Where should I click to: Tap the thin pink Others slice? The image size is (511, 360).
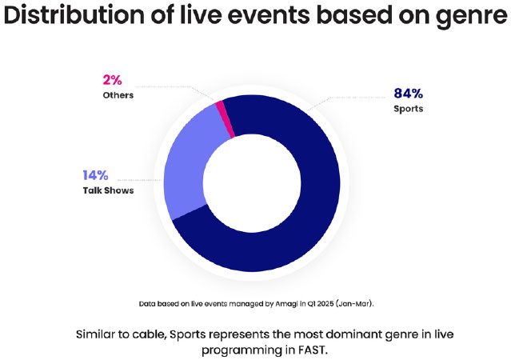(x=226, y=118)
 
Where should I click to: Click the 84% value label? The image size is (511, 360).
(x=409, y=94)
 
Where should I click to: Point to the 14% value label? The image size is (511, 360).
(x=95, y=175)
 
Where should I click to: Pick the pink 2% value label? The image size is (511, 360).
(x=112, y=80)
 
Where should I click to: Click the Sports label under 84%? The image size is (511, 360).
(x=409, y=109)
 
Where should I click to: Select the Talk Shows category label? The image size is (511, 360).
(x=108, y=190)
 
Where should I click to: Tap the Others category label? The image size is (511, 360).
(x=118, y=95)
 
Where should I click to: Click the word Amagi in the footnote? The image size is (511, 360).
(x=286, y=304)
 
